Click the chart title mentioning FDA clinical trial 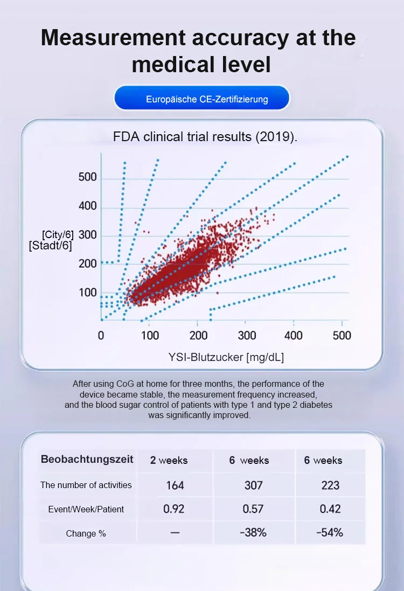click(x=205, y=136)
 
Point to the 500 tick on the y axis click(x=88, y=177)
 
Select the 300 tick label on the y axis click(x=88, y=235)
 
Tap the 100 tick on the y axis click(x=88, y=293)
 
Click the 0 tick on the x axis click(x=101, y=336)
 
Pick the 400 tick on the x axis click(x=294, y=336)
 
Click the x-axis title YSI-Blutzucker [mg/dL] click(x=226, y=357)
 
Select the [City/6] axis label click(x=58, y=234)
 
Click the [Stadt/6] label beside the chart click(x=50, y=246)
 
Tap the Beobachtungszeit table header click(x=87, y=460)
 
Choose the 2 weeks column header click(x=169, y=460)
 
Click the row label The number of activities click(x=86, y=485)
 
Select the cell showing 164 click(x=175, y=485)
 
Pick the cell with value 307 click(x=253, y=485)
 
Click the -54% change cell click(x=330, y=533)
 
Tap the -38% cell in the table click(x=253, y=533)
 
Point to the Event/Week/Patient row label click(x=86, y=509)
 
